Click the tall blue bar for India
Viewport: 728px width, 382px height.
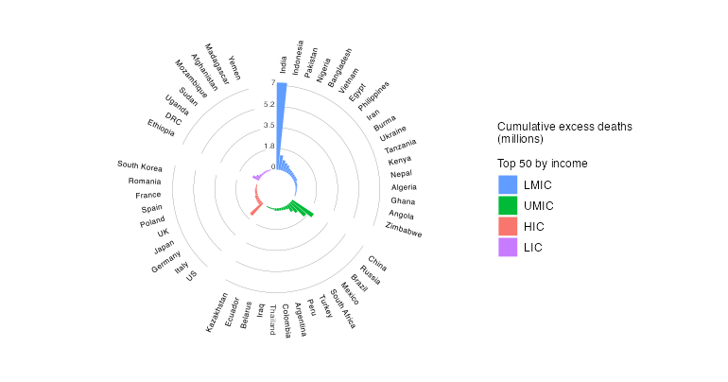tap(282, 123)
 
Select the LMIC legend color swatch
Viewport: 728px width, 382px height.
tap(508, 185)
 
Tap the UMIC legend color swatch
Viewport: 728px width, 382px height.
tap(508, 206)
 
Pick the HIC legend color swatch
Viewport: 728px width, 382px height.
tap(508, 227)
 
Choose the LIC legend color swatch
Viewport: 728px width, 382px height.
tap(508, 248)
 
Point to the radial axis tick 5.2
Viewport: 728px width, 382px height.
tap(269, 104)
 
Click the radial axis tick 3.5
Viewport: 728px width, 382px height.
tap(269, 125)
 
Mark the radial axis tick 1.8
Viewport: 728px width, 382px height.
tap(269, 146)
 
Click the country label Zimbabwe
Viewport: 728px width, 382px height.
tap(404, 230)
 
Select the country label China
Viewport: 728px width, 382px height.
tap(377, 263)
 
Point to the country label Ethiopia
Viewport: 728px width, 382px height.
tap(161, 127)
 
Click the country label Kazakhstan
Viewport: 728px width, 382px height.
tap(217, 313)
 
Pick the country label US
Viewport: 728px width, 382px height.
tap(192, 276)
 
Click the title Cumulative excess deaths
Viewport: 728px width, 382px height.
tap(564, 127)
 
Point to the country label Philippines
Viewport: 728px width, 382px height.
tap(373, 96)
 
